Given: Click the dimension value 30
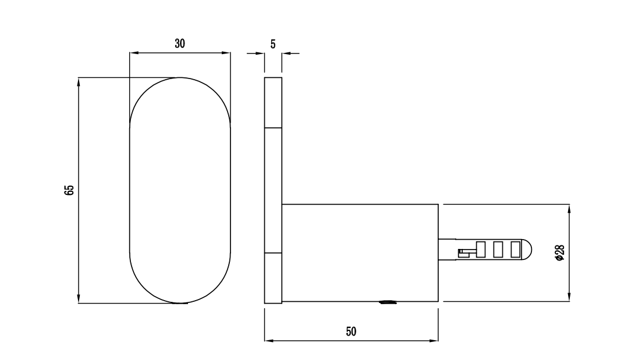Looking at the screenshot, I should pyautogui.click(x=180, y=44).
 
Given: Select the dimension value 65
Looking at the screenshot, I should pyautogui.click(x=69, y=190).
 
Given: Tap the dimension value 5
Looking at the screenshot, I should pyautogui.click(x=273, y=44).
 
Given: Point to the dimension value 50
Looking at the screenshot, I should pyautogui.click(x=351, y=332).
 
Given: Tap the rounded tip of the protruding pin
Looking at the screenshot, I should pyautogui.click(x=527, y=249).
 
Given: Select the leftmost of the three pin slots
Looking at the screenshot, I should pyautogui.click(x=481, y=249).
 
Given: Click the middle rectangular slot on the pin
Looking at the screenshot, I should pyautogui.click(x=498, y=249).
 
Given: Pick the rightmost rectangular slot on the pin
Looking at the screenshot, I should pyautogui.click(x=515, y=249).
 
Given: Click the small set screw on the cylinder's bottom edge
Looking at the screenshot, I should pyautogui.click(x=387, y=302).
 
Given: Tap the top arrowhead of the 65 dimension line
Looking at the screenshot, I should pyautogui.click(x=79, y=81).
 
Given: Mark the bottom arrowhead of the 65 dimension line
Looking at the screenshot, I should pyautogui.click(x=79, y=299).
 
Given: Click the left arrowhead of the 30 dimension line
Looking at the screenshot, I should pyautogui.click(x=133, y=54).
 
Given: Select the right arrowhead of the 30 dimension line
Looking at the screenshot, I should pyautogui.click(x=226, y=54).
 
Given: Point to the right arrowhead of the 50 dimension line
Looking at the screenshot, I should pyautogui.click(x=434, y=341).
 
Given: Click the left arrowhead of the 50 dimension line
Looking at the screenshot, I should pyautogui.click(x=269, y=341).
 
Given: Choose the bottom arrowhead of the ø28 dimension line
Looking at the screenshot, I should pyautogui.click(x=569, y=298).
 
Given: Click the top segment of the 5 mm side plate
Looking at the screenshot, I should pyautogui.click(x=274, y=102).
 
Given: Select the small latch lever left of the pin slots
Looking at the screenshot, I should pyautogui.click(x=466, y=251).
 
